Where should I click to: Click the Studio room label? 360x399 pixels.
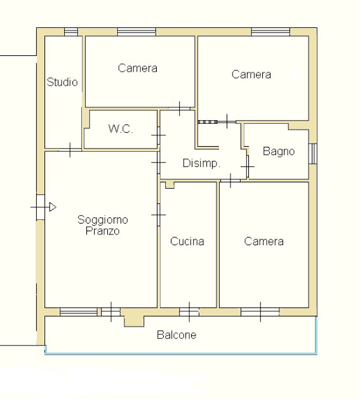click(62, 82)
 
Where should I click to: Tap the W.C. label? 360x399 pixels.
click(121, 129)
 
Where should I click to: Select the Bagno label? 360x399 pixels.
click(279, 151)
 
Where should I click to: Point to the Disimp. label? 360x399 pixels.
click(201, 163)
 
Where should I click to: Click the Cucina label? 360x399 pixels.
click(187, 241)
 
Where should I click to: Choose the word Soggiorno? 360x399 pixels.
click(103, 220)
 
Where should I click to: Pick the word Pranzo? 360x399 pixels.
click(103, 231)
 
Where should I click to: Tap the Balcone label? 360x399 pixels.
click(177, 335)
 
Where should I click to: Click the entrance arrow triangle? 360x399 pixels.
click(52, 207)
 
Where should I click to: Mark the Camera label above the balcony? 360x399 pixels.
click(264, 241)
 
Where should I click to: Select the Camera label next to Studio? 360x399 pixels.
click(138, 68)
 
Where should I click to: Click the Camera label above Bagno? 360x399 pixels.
click(251, 74)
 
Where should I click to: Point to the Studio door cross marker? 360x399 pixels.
click(70, 150)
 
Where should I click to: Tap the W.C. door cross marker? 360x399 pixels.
click(158, 135)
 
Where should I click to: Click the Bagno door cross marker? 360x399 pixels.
click(248, 167)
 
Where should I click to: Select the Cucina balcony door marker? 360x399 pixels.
click(189, 312)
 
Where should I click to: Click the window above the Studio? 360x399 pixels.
click(71, 32)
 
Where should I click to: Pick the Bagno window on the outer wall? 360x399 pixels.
click(313, 154)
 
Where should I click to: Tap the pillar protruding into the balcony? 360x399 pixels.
click(134, 321)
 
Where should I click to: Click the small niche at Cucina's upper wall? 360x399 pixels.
click(170, 185)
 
